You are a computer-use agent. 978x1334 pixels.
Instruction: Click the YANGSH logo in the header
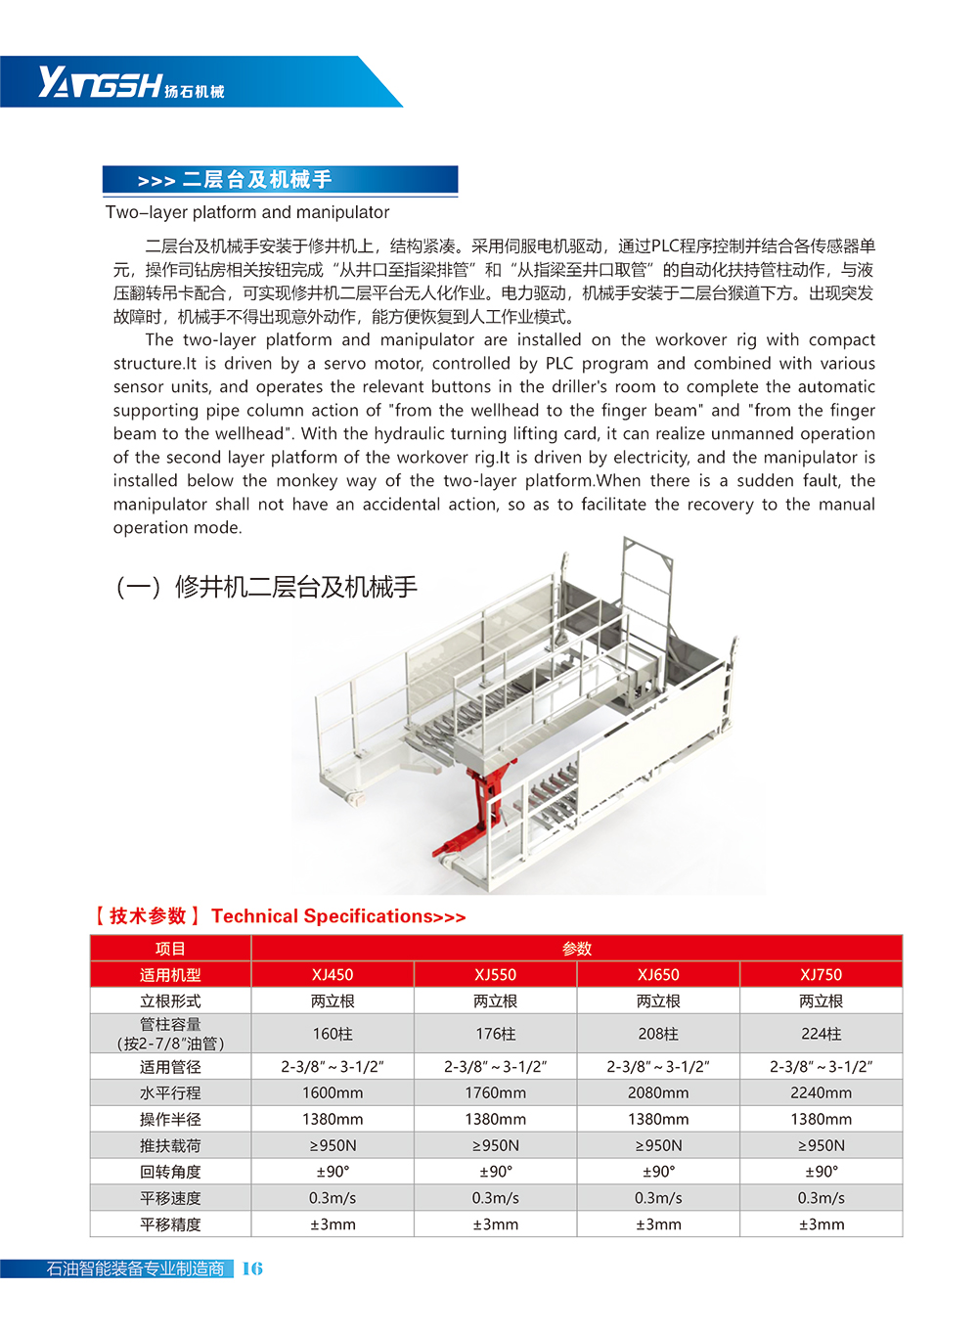pyautogui.click(x=131, y=83)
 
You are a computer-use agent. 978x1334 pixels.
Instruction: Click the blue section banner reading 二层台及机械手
pyautogui.click(x=280, y=180)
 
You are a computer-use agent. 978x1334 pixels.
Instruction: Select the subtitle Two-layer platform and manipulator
pyautogui.click(x=247, y=212)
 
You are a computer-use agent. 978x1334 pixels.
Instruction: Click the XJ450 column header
pyautogui.click(x=333, y=975)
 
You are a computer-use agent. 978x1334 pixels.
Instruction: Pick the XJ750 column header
pyautogui.click(x=821, y=975)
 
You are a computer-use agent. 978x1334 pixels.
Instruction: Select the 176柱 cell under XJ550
pyautogui.click(x=496, y=1034)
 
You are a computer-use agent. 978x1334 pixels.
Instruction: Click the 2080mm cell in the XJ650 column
pyautogui.click(x=658, y=1092)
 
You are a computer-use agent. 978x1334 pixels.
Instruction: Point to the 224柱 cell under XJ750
pyautogui.click(x=821, y=1034)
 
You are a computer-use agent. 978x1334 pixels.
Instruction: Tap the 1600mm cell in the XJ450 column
pyautogui.click(x=333, y=1092)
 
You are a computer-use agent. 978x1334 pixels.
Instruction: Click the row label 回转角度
pyautogui.click(x=170, y=1172)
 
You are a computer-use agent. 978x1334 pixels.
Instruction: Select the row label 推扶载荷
pyautogui.click(x=170, y=1145)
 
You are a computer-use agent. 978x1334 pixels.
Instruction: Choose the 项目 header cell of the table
pyautogui.click(x=170, y=949)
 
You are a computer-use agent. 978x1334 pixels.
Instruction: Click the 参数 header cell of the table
pyautogui.click(x=577, y=949)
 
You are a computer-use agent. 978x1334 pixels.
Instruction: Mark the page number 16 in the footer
pyautogui.click(x=252, y=1268)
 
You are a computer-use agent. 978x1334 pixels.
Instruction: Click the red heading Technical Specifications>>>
pyautogui.click(x=338, y=916)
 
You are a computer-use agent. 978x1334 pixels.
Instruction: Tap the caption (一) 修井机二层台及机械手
pyautogui.click(x=267, y=587)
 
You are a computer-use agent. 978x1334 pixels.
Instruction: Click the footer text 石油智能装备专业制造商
pyautogui.click(x=135, y=1268)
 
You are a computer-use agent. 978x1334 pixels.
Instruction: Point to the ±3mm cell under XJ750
pyautogui.click(x=821, y=1224)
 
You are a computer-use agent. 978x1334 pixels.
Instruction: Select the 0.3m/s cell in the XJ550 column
pyautogui.click(x=496, y=1198)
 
